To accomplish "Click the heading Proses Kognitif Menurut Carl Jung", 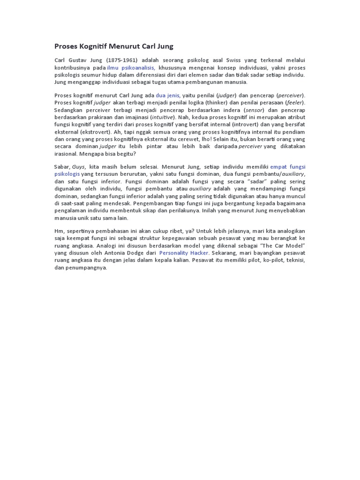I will click(x=114, y=46).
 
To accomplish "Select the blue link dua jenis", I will click(x=168, y=96).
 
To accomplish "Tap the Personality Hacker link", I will click(x=183, y=253).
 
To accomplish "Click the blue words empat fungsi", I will click(x=288, y=167).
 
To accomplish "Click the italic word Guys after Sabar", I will click(x=78, y=167).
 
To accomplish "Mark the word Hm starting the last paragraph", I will click(x=59, y=231).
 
